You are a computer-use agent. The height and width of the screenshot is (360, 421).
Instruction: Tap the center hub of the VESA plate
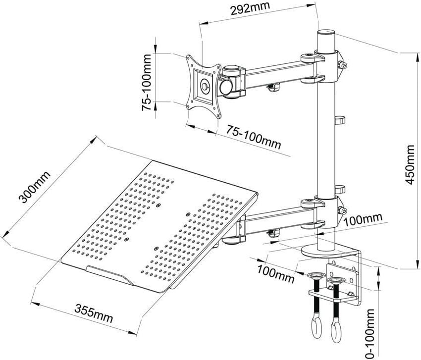point(204,86)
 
